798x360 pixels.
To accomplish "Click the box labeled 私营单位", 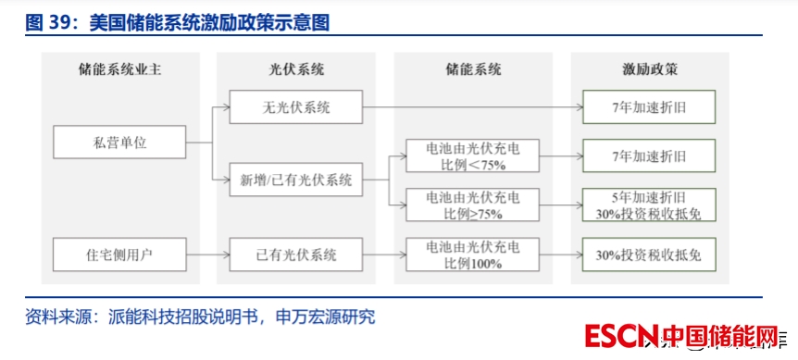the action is click(x=119, y=142).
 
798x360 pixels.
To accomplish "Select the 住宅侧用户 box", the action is click(x=119, y=254).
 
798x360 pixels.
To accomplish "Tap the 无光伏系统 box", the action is click(x=295, y=106).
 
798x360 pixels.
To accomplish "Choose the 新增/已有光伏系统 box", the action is click(x=295, y=180).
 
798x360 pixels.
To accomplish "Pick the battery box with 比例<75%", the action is click(x=472, y=155).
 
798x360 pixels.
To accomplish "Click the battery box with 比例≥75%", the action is click(x=472, y=205).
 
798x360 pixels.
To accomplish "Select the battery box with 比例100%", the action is click(x=472, y=254).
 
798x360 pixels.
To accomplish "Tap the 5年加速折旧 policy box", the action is click(x=649, y=205).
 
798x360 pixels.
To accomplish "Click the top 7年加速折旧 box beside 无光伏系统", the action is click(x=649, y=106).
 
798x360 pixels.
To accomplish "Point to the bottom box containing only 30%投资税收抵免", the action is click(x=649, y=254).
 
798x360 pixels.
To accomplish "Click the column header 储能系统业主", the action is click(x=120, y=69).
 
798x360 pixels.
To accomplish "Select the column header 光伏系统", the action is click(x=296, y=69).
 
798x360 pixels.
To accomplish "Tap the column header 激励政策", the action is click(x=650, y=69).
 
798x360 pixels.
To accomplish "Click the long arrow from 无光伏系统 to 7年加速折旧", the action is click(x=472, y=106).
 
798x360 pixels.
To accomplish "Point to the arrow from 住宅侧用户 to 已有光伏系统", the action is click(x=207, y=254).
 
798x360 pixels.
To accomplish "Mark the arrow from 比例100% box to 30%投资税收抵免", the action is click(x=561, y=254).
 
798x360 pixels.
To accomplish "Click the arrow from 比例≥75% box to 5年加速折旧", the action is click(x=561, y=205).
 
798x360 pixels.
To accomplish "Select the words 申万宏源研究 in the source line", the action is click(x=325, y=317).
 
